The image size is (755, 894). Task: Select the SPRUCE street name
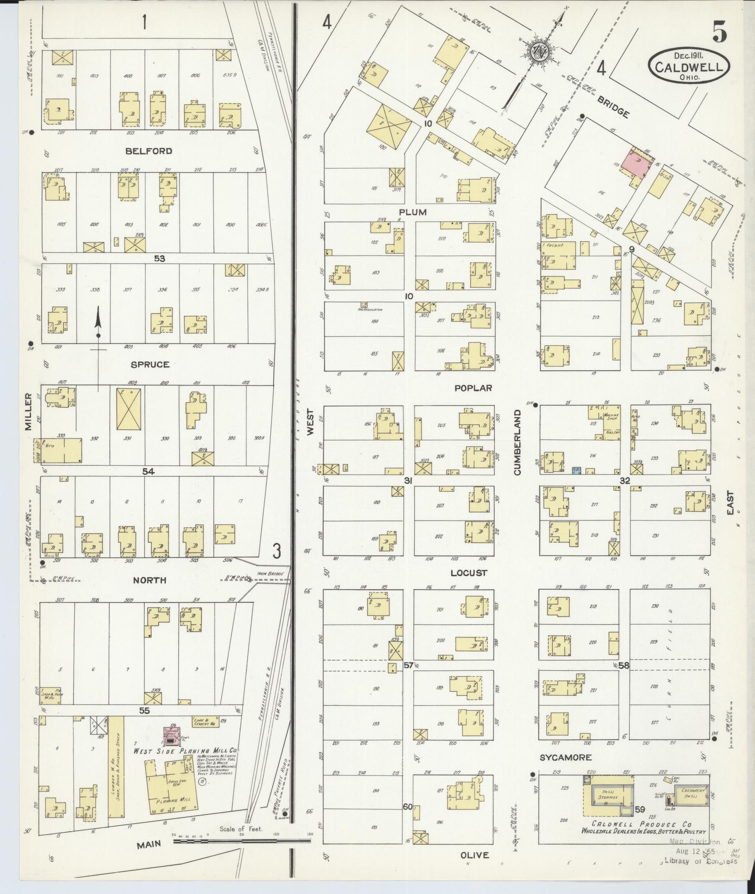(150, 364)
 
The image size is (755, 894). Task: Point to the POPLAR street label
(473, 388)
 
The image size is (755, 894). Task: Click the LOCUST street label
(468, 573)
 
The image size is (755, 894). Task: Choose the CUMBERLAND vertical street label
(517, 442)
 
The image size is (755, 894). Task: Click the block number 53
(160, 258)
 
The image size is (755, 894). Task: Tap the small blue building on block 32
(576, 470)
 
